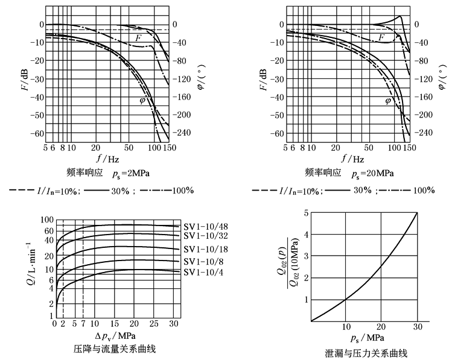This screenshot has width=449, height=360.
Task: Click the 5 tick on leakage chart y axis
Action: click(x=306, y=213)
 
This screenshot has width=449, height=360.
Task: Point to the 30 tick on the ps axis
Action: click(x=416, y=328)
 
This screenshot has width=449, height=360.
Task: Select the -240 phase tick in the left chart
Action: click(x=179, y=133)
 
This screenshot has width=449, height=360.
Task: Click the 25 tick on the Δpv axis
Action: click(x=154, y=324)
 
